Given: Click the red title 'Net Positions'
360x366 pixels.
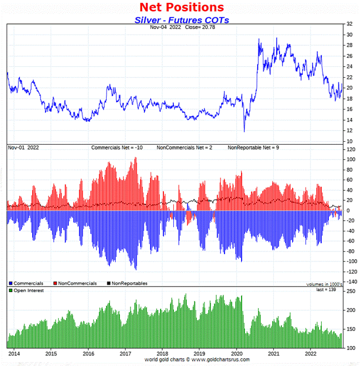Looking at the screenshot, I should (182, 7).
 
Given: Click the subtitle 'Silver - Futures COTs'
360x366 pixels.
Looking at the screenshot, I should (182, 19).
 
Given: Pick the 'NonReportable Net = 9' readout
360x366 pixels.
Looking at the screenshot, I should (254, 148).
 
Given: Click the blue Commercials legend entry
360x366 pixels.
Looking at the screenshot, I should (27, 283).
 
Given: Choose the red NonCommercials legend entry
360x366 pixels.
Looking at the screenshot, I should (75, 283).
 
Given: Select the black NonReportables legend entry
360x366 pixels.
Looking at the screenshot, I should (127, 283).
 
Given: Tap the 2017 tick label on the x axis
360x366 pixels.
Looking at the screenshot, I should (125, 354).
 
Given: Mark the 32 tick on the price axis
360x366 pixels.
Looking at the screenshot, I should (349, 24).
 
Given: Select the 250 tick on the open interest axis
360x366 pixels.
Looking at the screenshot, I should (350, 291).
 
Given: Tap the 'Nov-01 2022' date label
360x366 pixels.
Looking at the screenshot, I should (23, 148).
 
